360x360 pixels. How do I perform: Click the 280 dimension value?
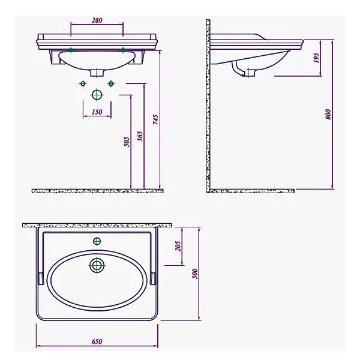pyautogui.click(x=97, y=20)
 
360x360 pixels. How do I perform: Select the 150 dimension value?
pyautogui.click(x=97, y=112)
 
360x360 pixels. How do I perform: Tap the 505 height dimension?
pyautogui.click(x=127, y=142)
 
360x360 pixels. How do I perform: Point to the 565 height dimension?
pyautogui.click(x=140, y=136)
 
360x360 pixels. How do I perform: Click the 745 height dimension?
pyautogui.click(x=155, y=119)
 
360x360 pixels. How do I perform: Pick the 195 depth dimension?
pyautogui.click(x=316, y=58)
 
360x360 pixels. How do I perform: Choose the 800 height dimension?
pyautogui.click(x=328, y=114)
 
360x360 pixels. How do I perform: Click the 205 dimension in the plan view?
pyautogui.click(x=178, y=246)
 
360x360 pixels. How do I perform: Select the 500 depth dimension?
pyautogui.click(x=194, y=274)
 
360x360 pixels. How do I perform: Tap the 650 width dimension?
pyautogui.click(x=97, y=341)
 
